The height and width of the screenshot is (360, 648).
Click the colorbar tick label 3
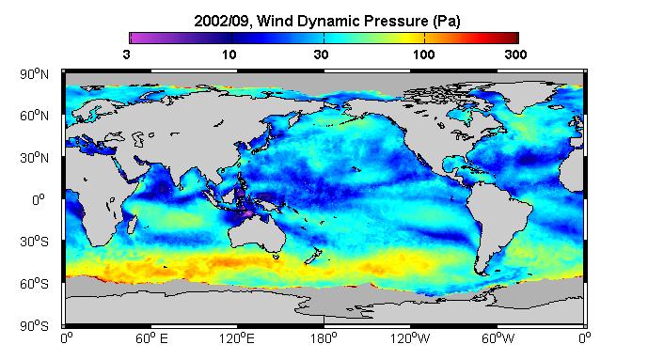126,55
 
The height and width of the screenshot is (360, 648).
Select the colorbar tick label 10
229,55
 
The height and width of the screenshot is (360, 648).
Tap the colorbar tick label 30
321,55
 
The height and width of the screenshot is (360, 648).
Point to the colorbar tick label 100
423,55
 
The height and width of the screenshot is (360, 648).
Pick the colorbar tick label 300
515,55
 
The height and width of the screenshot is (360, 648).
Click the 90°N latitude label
34,74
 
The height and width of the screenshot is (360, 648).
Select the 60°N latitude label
34,116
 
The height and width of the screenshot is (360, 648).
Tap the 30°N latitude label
34,158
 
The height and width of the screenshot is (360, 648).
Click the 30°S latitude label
34,242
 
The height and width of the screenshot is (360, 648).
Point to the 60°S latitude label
34,284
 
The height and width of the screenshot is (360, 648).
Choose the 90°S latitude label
34,326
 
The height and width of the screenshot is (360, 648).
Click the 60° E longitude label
151,338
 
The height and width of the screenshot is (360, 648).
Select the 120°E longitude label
236,338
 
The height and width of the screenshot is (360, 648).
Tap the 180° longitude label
324,338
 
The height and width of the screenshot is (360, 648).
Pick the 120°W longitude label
410,338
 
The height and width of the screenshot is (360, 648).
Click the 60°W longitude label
498,338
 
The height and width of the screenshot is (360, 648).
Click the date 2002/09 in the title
222,21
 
